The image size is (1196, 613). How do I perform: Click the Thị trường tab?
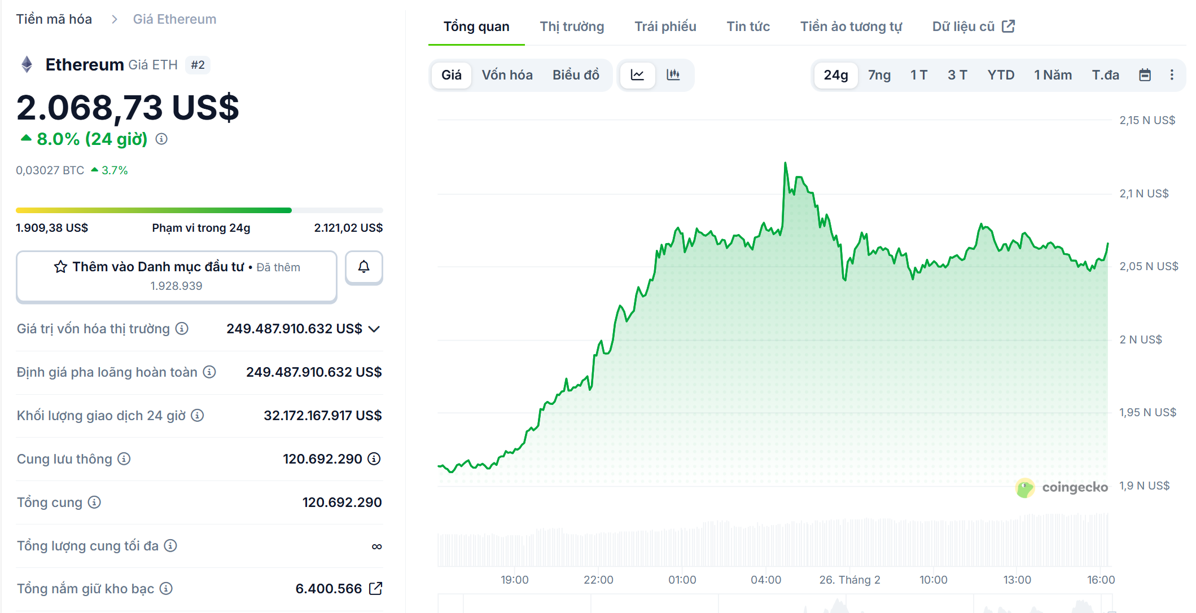coord(572,27)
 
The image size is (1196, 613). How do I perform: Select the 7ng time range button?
coord(879,75)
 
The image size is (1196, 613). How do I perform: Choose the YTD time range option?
coord(1000,75)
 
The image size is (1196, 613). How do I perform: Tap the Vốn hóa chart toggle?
coord(507,75)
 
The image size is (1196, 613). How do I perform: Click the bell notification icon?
coord(364,267)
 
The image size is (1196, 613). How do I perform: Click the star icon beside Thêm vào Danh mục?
coord(60,267)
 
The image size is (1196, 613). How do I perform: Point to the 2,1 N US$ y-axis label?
coord(1144,193)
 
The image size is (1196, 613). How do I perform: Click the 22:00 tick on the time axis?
coord(598,580)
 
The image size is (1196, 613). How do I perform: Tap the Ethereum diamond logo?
coord(27,65)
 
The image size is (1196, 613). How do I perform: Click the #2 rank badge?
coord(198,65)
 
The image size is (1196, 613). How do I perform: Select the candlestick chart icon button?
coord(673,75)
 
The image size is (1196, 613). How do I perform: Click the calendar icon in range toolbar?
coord(1145,75)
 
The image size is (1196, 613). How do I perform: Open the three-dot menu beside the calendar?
coord(1172,75)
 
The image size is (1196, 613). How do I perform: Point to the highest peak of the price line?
coord(785,164)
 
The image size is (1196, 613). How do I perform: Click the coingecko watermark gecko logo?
coord(1024,488)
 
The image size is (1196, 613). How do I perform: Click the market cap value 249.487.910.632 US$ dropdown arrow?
coord(374,329)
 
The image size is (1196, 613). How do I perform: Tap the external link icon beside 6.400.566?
coord(375,589)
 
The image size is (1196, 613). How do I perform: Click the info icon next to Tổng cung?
coord(94,502)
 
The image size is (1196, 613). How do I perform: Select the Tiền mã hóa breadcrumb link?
coord(54,19)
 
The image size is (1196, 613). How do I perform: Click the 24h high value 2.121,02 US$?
coord(348,228)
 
